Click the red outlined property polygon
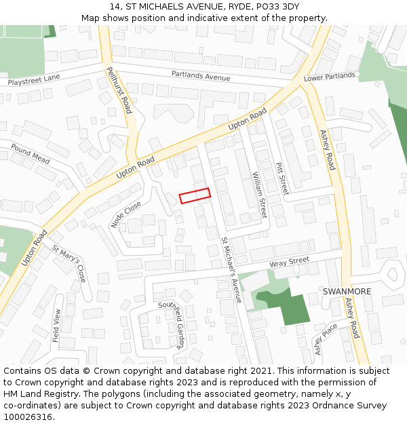click(x=195, y=196)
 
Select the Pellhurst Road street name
click(x=119, y=90)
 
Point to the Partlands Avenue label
click(x=201, y=75)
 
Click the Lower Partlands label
click(x=329, y=77)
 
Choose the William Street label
click(x=260, y=195)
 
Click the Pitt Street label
click(x=282, y=178)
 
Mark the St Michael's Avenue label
click(x=231, y=269)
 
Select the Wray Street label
click(x=289, y=261)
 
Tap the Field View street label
click(x=57, y=325)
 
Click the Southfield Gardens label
click(x=172, y=325)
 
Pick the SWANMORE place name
click(x=347, y=291)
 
